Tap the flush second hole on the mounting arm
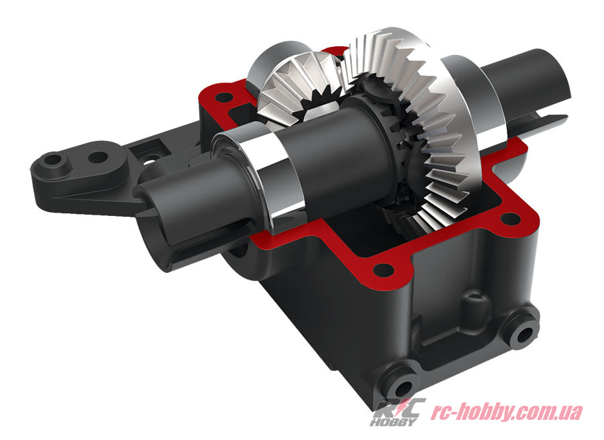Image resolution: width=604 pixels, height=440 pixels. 99,158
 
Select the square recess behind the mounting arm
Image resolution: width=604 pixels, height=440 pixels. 156,143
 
